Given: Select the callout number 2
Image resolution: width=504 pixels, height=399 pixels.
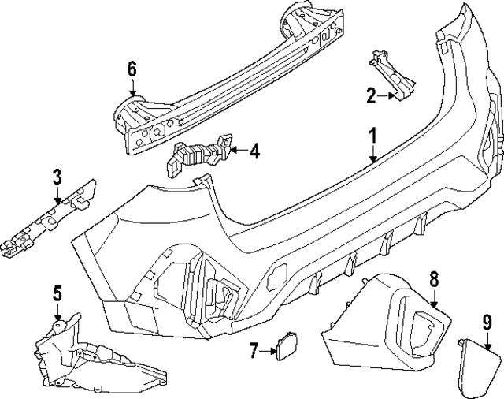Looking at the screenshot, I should [x=372, y=97].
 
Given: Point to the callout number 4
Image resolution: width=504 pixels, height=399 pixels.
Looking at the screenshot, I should [x=254, y=149].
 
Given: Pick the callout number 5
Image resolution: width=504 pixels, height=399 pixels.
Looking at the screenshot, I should [x=57, y=294].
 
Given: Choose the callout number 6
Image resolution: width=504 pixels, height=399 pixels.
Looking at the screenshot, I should [x=132, y=69].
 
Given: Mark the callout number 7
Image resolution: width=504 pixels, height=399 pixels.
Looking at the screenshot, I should [x=253, y=350].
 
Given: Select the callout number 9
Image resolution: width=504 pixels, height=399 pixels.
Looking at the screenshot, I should [x=487, y=322].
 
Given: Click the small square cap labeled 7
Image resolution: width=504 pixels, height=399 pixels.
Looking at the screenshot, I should [x=283, y=345].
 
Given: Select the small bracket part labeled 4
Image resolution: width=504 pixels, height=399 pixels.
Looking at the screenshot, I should [x=197, y=155].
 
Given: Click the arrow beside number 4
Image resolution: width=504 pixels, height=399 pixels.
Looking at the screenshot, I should [x=236, y=149].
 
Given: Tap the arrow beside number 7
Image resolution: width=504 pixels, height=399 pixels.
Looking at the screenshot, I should [x=268, y=350].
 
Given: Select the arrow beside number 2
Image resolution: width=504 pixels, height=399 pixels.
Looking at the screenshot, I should [x=388, y=97].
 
